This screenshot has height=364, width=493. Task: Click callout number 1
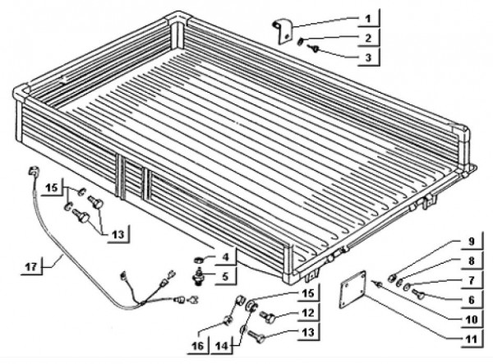(368, 19)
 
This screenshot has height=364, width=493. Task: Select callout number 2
(368, 38)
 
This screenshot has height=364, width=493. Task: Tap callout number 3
(368, 58)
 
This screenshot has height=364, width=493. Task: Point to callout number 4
(225, 257)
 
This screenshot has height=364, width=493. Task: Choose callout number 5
(225, 277)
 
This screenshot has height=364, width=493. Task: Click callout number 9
(471, 242)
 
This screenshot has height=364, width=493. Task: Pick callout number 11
(471, 339)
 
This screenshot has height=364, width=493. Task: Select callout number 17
(31, 267)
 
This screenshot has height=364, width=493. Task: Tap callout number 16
(198, 346)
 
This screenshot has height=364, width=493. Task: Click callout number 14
(222, 346)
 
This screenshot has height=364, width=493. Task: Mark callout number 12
(308, 312)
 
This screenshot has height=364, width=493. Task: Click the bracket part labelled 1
(283, 31)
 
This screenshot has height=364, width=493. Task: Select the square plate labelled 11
(352, 289)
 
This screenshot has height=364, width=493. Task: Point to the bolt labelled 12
(268, 317)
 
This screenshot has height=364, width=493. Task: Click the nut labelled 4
(198, 260)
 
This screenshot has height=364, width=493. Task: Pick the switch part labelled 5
(199, 276)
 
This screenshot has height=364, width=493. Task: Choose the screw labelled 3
(314, 48)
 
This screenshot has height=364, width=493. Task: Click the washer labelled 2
(302, 41)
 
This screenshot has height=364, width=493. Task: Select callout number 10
(471, 320)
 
